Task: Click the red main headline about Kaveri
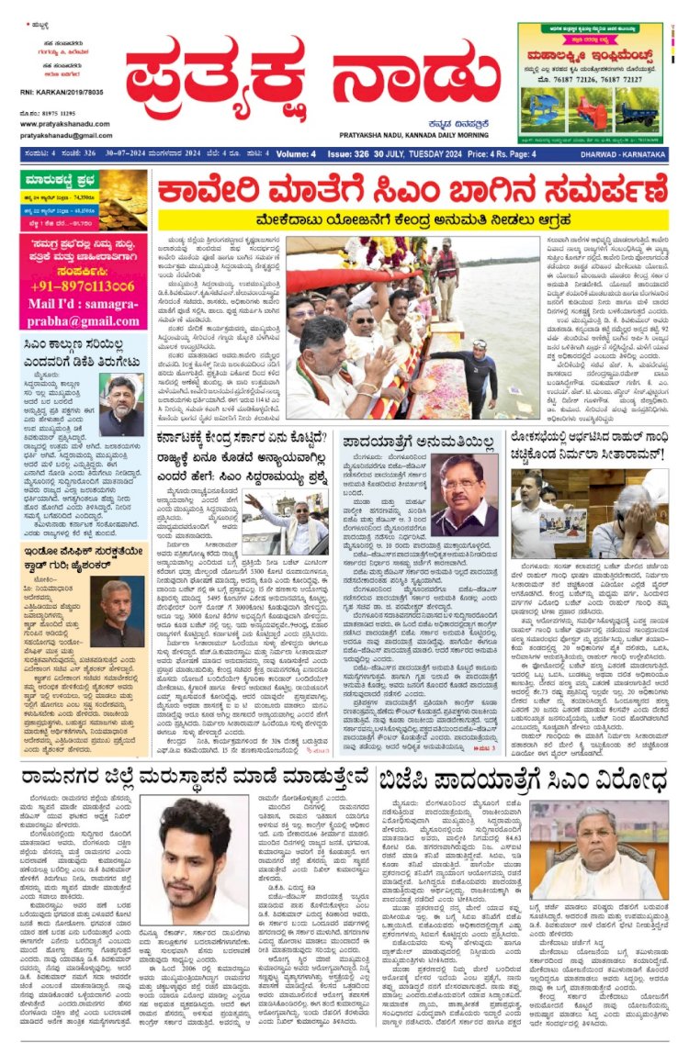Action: click(x=412, y=193)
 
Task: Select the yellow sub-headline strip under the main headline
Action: click(x=412, y=220)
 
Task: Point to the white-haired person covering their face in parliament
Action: click(x=634, y=515)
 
